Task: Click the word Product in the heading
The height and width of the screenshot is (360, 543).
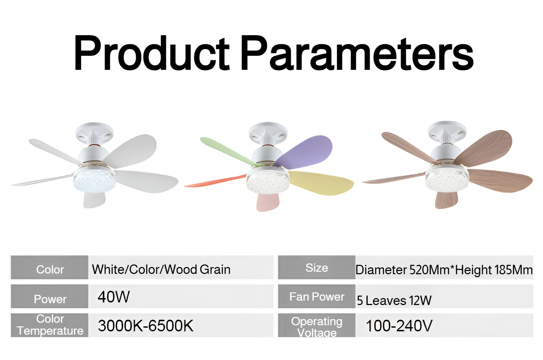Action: pyautogui.click(x=152, y=52)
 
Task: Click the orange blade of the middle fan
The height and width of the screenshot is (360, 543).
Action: pyautogui.click(x=216, y=181)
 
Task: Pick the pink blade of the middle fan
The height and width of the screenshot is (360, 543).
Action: pyautogui.click(x=268, y=202)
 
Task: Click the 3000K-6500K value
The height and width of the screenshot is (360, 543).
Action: pyautogui.click(x=146, y=325)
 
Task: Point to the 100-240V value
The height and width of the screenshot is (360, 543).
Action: pyautogui.click(x=399, y=326)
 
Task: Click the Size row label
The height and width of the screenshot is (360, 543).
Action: pyautogui.click(x=317, y=268)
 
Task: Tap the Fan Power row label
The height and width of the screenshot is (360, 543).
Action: pyautogui.click(x=317, y=297)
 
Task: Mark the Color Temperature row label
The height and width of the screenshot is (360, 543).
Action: pyautogui.click(x=50, y=325)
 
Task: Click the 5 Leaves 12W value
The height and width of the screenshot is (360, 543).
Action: pyautogui.click(x=394, y=300)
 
